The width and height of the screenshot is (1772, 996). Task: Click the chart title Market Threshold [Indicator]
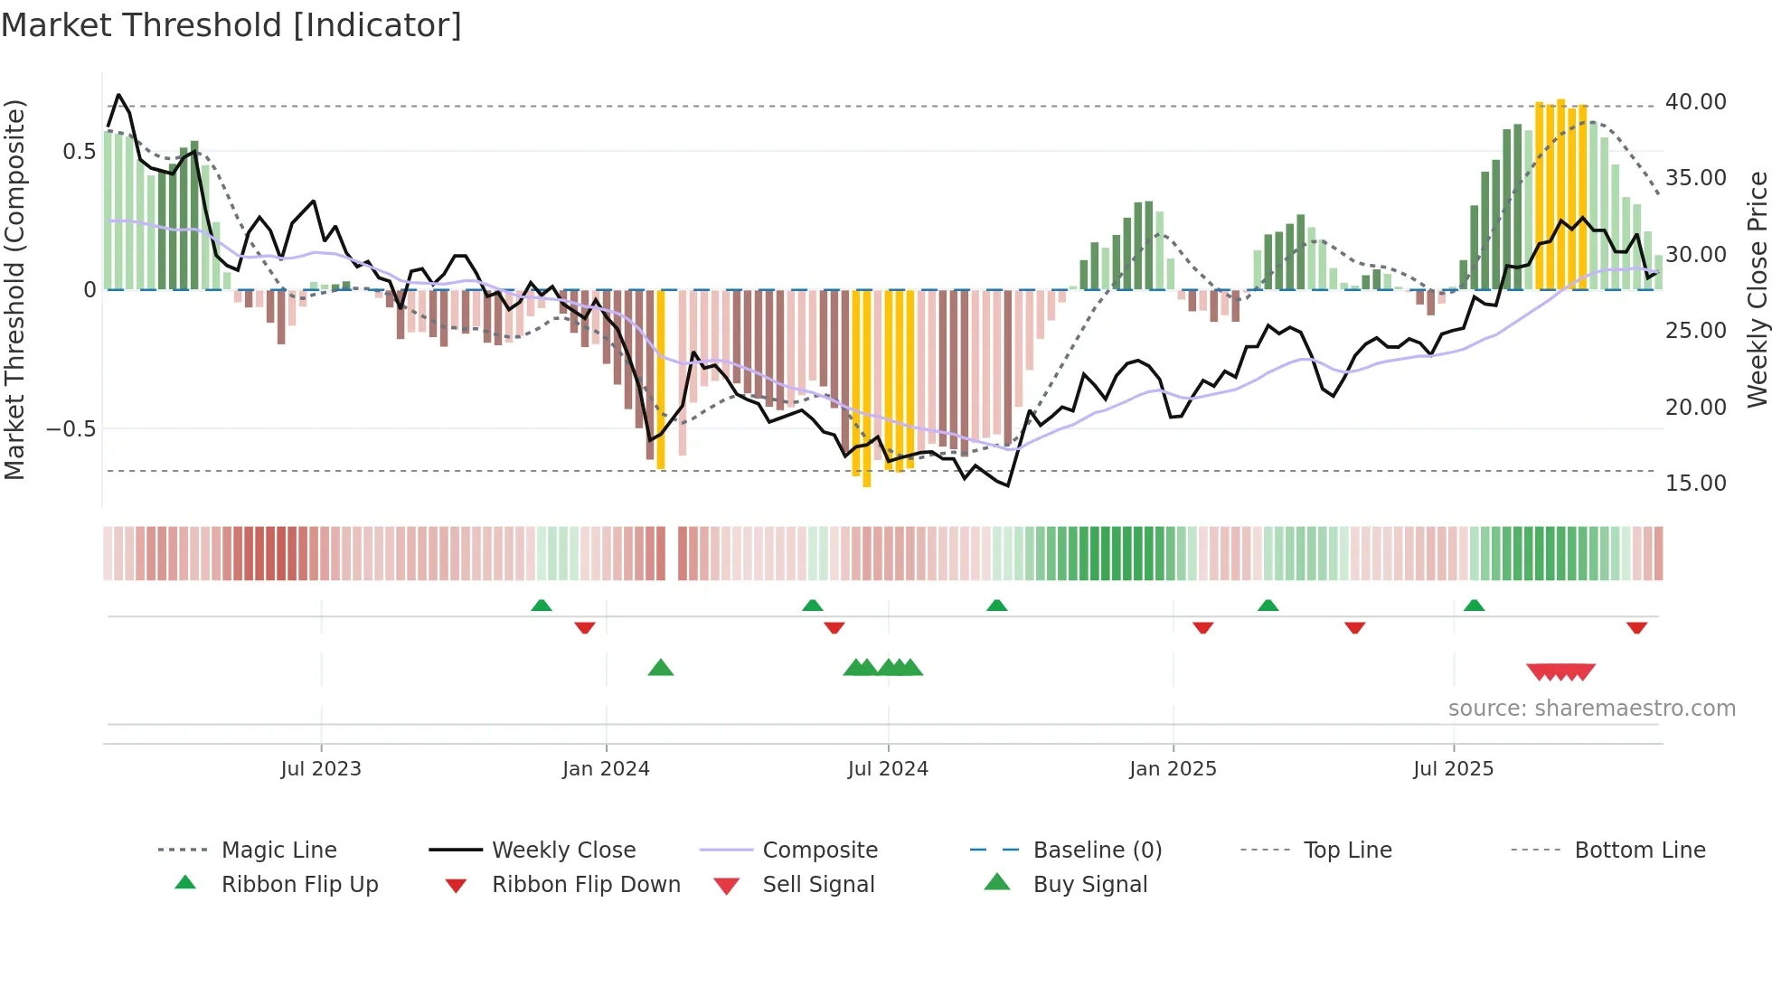[x=231, y=25]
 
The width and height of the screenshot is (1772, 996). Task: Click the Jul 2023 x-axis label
[x=321, y=769]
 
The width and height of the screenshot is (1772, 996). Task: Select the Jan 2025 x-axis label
[x=1173, y=769]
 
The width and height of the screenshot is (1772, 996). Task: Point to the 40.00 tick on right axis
[x=1695, y=102]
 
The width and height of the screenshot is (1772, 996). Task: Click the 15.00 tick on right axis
[x=1695, y=484]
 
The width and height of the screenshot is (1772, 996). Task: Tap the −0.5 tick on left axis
[x=71, y=429]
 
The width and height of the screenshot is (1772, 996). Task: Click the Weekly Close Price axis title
[x=1757, y=289]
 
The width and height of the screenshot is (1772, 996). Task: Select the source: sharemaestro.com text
[x=1591, y=709]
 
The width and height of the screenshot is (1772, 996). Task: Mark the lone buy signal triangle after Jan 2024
[x=661, y=668]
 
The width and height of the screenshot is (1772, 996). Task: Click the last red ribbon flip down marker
[x=1636, y=627]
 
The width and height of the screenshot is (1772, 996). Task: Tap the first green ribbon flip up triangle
[x=541, y=606]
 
